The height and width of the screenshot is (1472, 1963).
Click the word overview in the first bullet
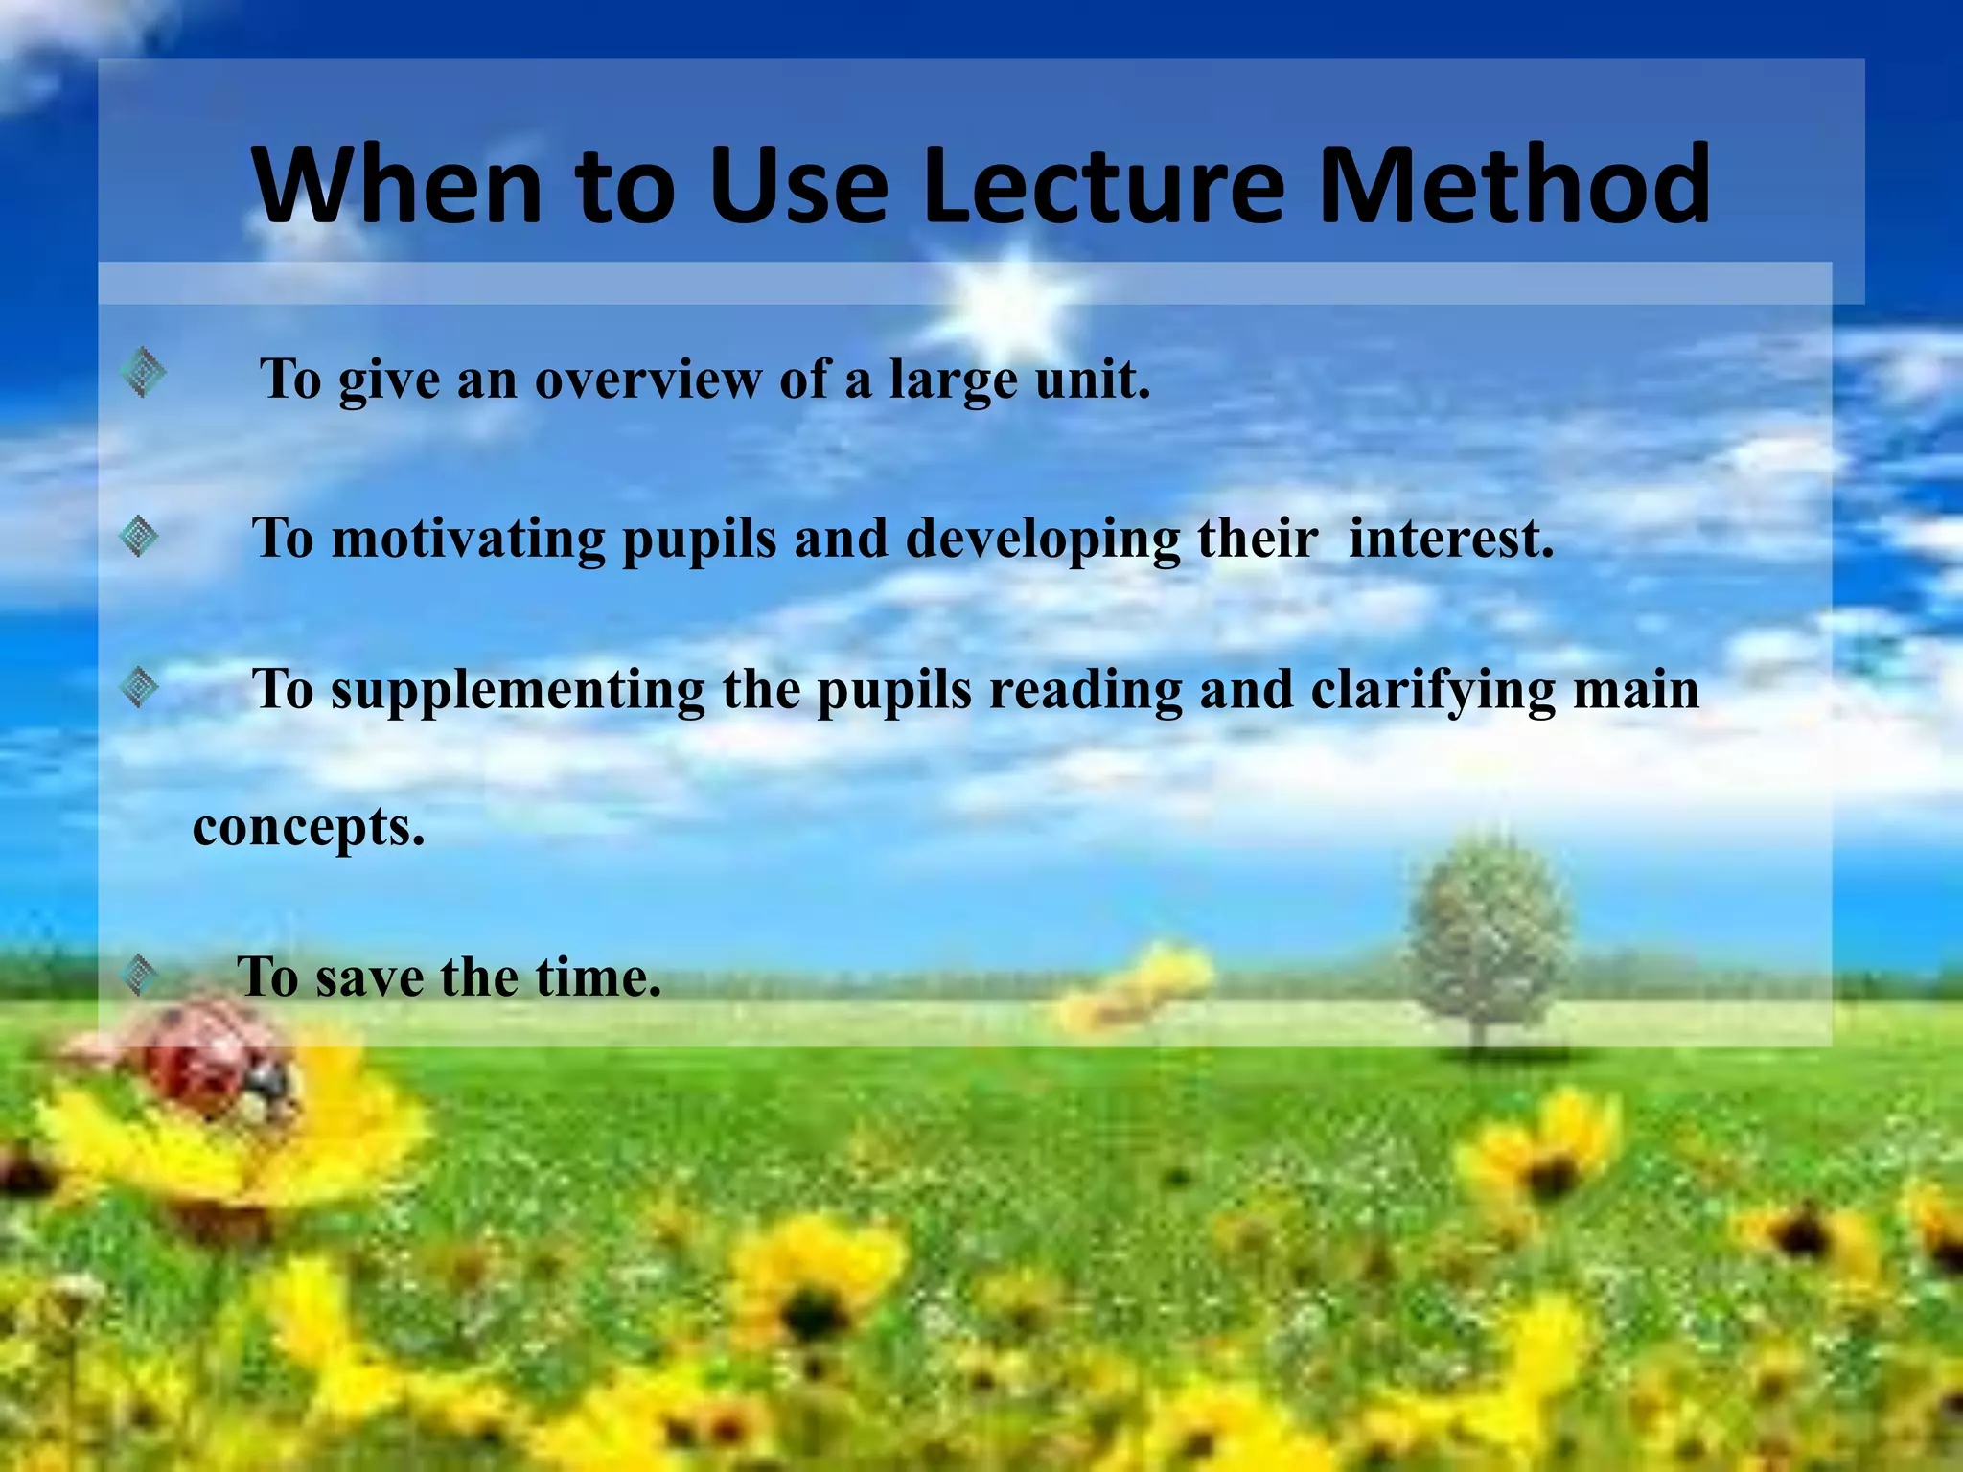tap(647, 379)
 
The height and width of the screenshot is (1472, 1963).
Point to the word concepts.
tap(309, 828)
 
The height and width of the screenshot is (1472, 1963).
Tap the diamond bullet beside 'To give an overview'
tap(144, 372)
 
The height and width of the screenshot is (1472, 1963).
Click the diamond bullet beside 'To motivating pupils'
tap(140, 536)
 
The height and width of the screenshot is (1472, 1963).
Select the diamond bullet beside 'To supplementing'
tap(140, 687)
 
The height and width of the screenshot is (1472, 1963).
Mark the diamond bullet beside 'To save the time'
tap(140, 975)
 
